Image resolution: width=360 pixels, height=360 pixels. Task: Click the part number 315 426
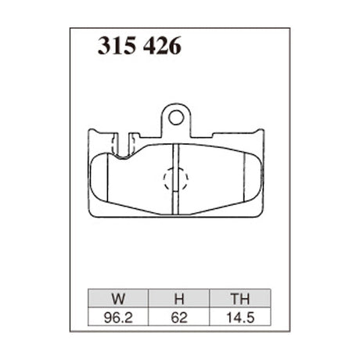point(139,47)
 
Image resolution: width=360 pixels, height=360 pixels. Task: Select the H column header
point(178,298)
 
